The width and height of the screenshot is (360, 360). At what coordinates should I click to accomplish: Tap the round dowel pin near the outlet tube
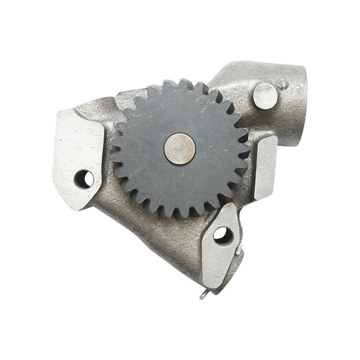pyautogui.click(x=265, y=96)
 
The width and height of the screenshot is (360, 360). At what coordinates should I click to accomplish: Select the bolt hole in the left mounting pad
pyautogui.click(x=84, y=178)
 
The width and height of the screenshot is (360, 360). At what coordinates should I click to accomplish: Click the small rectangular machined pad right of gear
pyautogui.click(x=264, y=167)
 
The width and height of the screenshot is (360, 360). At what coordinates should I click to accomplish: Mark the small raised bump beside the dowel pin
pyautogui.click(x=284, y=84)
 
